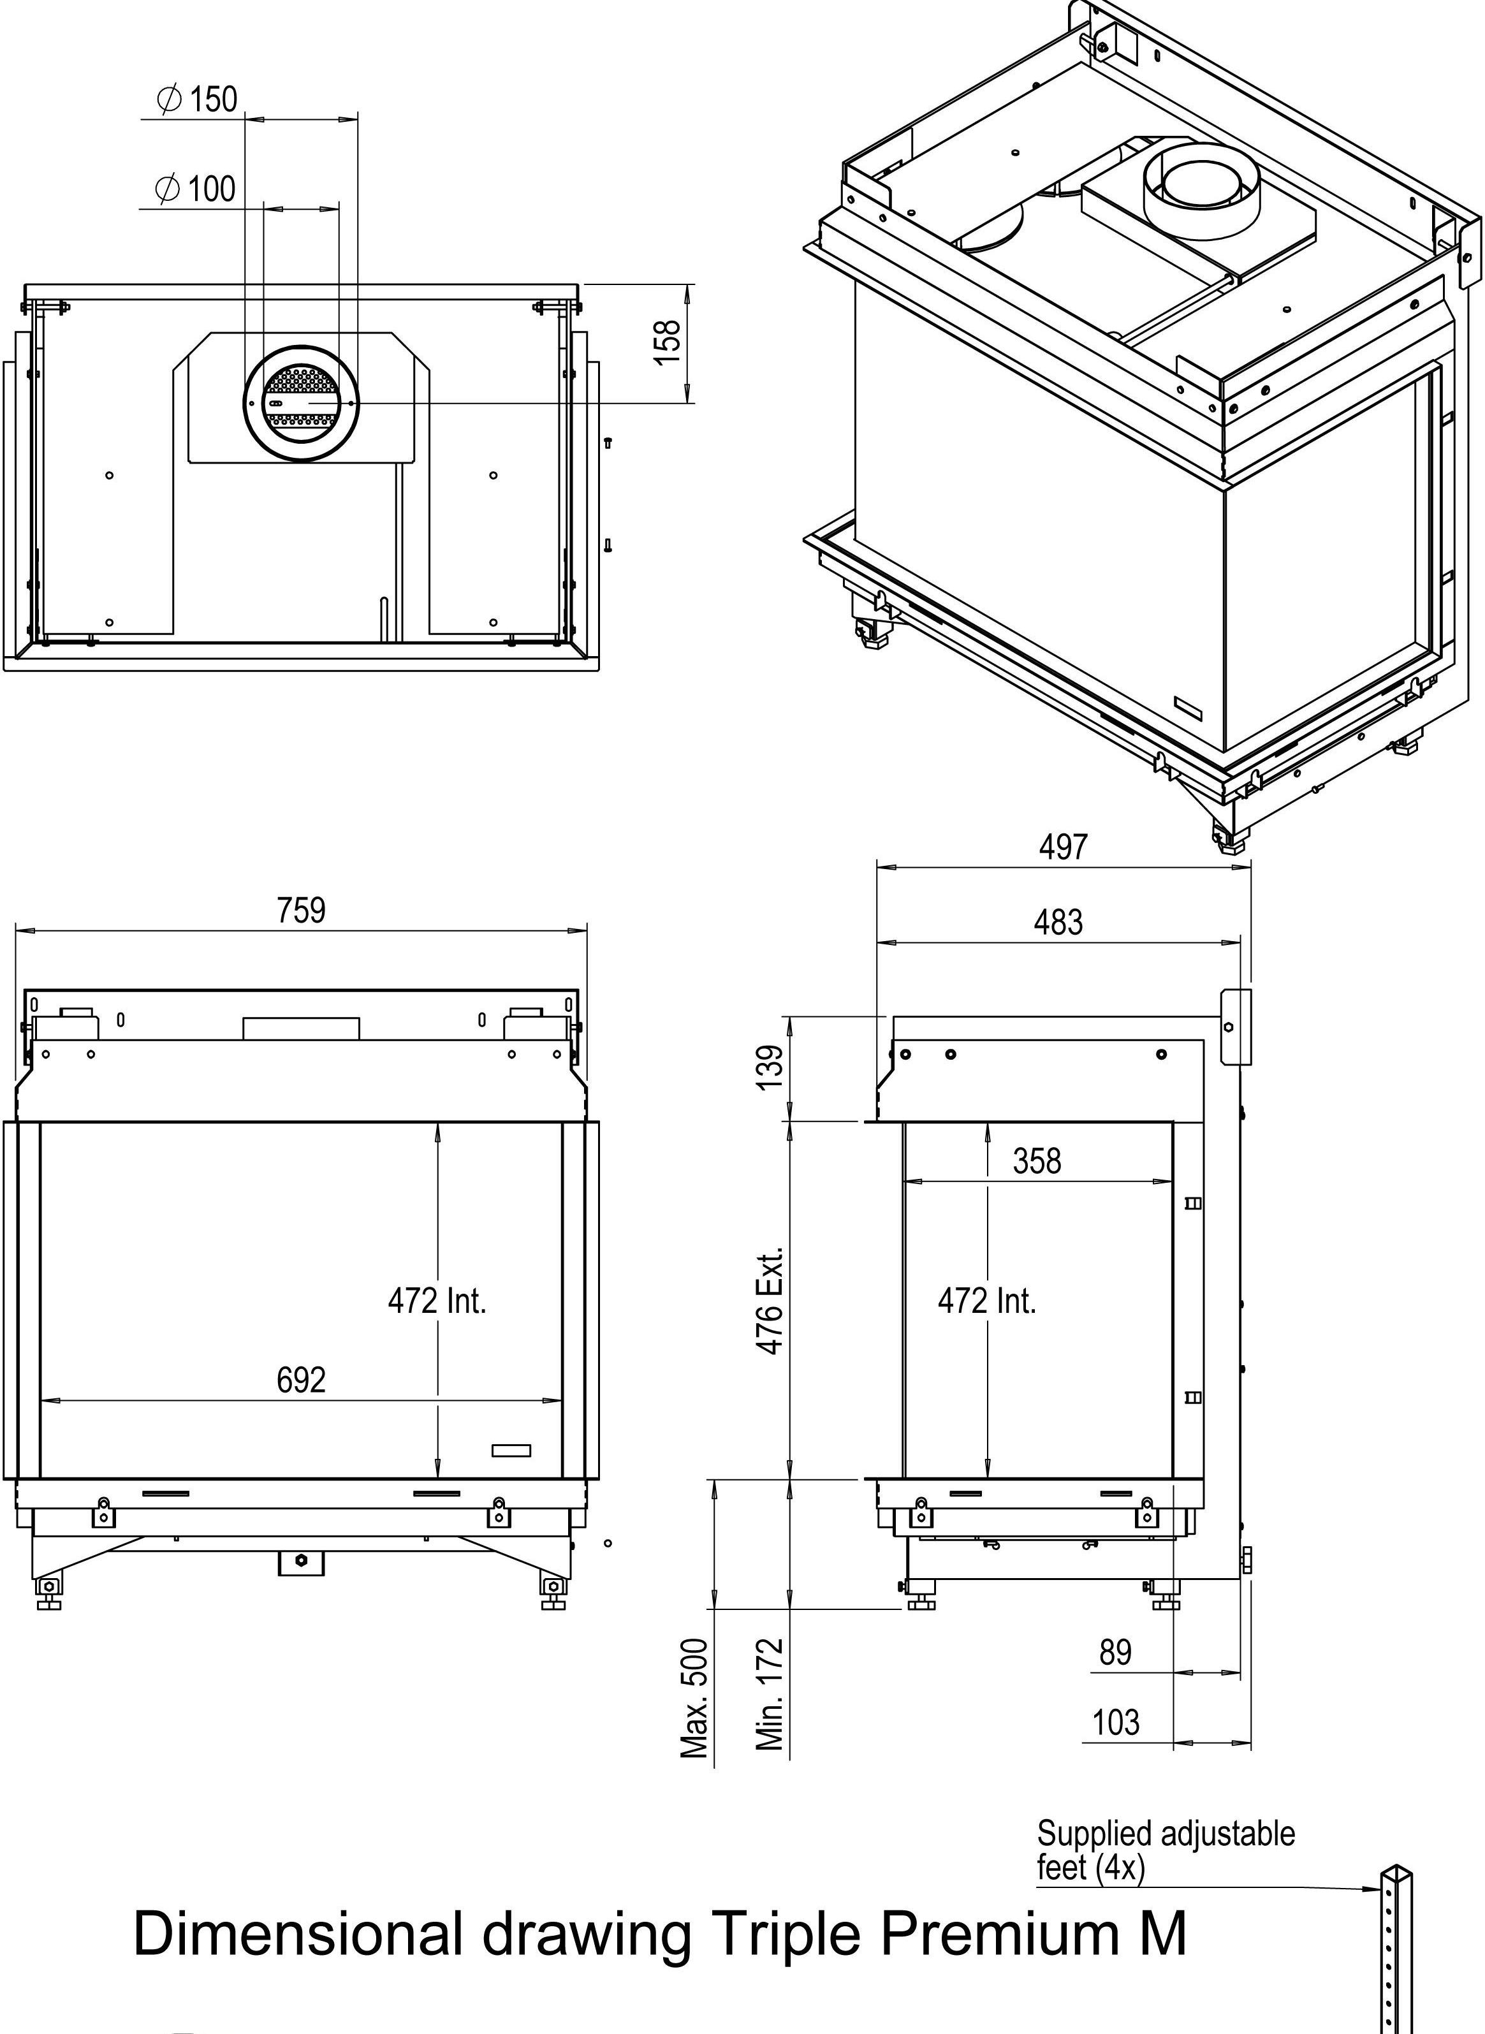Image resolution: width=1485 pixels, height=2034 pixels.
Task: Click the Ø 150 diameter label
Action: click(197, 99)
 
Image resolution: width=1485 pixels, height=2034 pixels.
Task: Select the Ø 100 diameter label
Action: click(195, 189)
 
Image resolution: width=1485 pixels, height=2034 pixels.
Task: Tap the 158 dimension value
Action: click(668, 342)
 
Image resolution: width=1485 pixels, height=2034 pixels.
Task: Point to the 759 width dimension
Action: click(301, 911)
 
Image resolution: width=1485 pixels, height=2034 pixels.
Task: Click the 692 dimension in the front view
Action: click(301, 1380)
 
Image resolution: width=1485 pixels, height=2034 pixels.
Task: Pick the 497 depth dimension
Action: click(1064, 847)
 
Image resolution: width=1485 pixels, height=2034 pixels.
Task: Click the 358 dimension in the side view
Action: click(1037, 1161)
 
